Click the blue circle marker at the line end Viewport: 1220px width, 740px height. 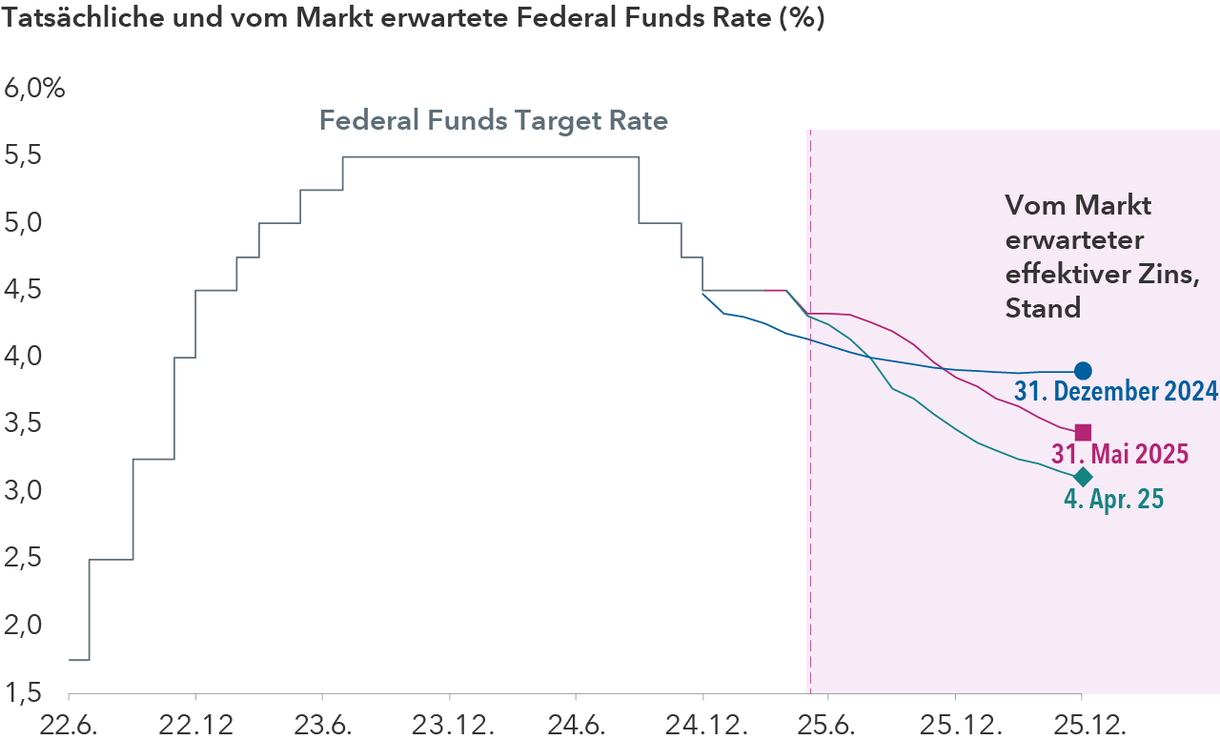coord(1083,371)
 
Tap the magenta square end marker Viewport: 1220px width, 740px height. coord(1083,433)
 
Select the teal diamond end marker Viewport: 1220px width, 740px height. coord(1083,477)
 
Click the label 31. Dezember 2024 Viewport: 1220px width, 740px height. coord(1116,391)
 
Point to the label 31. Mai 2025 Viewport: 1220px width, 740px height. coord(1120,453)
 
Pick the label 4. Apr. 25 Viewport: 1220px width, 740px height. coord(1113,499)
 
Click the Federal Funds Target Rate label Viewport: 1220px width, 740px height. coord(493,122)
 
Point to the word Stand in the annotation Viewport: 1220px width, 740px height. coord(1043,309)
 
